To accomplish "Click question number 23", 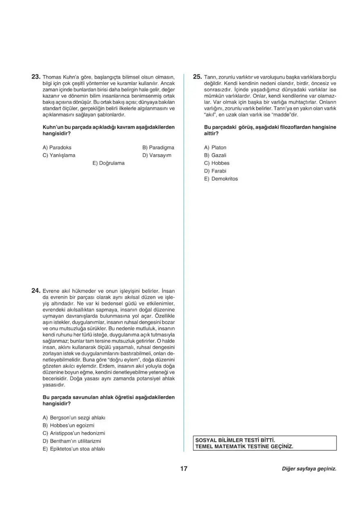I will [x=36, y=76].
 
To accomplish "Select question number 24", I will [x=36, y=291].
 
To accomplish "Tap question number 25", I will [x=197, y=76].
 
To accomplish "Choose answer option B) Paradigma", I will [x=158, y=147].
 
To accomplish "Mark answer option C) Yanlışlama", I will [x=59, y=155].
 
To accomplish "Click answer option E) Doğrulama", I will [x=108, y=163].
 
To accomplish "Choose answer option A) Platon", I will [x=215, y=147].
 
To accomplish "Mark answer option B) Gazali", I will [x=215, y=155].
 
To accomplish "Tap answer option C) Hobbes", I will [x=217, y=163].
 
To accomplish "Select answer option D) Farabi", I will [x=215, y=171].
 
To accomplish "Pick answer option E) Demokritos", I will [x=221, y=179].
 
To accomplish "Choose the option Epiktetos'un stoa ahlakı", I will [x=74, y=449].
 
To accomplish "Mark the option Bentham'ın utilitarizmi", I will [x=72, y=441].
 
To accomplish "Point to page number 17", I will [x=183, y=469].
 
